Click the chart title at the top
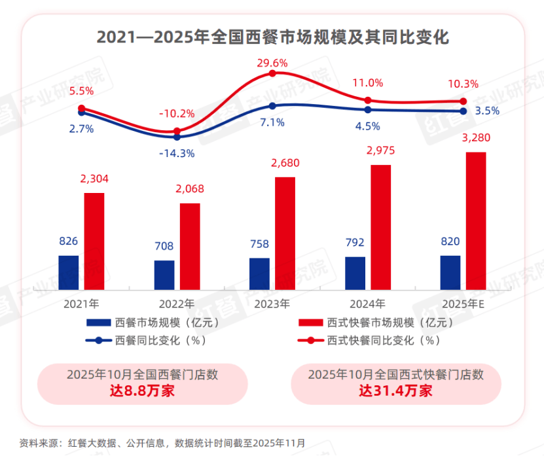point(272,37)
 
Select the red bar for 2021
point(94,241)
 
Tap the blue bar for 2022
point(164,275)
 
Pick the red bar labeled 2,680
point(285,233)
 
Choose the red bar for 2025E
point(476,220)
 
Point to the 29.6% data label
point(272,63)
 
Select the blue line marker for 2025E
point(463,111)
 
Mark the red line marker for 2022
point(177,132)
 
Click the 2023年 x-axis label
point(272,304)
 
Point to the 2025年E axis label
point(463,304)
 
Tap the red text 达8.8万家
point(142,391)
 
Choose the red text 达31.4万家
point(395,391)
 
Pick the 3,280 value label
point(476,138)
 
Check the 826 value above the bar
point(69,241)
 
